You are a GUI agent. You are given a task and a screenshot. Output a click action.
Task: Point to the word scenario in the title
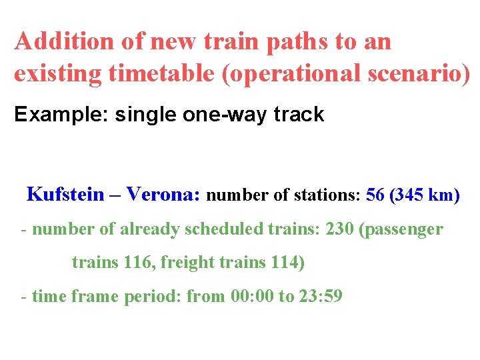click(x=415, y=73)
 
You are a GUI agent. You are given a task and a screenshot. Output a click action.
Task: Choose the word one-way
click(x=217, y=115)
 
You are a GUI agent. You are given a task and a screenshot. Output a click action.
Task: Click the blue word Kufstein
click(x=65, y=195)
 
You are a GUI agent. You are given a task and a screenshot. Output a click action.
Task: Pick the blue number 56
click(x=375, y=195)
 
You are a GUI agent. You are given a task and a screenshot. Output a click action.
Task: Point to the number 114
click(x=285, y=263)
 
